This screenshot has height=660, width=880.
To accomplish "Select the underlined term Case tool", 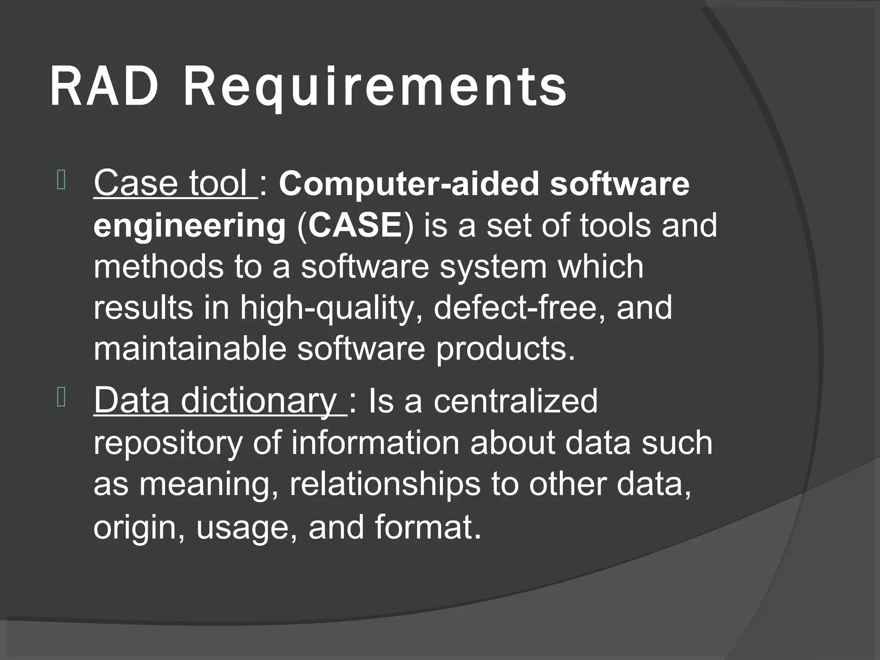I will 174,183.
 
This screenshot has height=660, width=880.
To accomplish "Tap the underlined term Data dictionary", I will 219,400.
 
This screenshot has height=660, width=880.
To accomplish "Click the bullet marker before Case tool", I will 61,180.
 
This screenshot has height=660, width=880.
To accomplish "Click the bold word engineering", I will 189,226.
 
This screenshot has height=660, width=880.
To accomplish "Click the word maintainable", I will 189,348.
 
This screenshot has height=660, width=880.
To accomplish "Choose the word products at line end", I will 504,349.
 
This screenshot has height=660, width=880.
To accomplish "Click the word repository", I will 168,443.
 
